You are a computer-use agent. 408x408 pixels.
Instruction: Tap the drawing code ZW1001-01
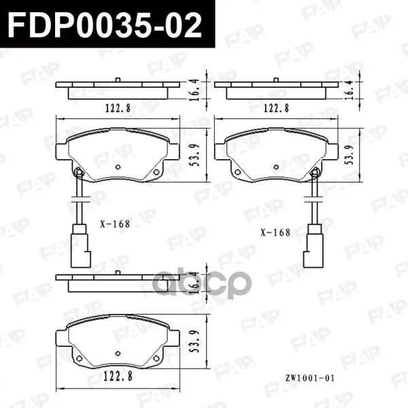309,378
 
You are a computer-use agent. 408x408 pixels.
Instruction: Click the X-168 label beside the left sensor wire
115,224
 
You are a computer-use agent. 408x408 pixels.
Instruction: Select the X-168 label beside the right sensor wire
275,233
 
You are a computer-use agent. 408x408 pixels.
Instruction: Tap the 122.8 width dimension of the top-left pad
118,108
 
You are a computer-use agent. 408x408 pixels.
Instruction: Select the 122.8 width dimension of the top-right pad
276,108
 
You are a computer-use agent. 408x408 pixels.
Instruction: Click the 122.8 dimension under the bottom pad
118,376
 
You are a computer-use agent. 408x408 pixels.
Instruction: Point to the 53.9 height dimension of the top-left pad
194,155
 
